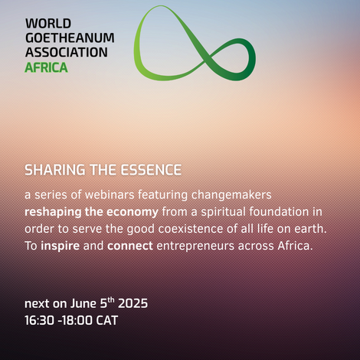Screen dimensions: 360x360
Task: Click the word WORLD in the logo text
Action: click(48, 24)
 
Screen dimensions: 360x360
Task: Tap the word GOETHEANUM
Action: click(70, 38)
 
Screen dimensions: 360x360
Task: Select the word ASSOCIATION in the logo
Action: click(67, 52)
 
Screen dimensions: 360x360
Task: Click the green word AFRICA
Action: click(46, 67)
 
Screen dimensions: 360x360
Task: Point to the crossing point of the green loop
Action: click(206, 56)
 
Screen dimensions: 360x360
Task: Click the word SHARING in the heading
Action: click(55, 170)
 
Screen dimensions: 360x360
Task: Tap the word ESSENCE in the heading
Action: click(151, 170)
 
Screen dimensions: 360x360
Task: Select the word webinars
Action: click(110, 195)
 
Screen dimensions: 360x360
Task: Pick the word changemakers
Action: click(231, 195)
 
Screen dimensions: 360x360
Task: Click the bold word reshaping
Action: click(53, 212)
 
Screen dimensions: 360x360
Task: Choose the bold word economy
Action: click(133, 213)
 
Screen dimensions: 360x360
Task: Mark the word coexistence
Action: click(191, 229)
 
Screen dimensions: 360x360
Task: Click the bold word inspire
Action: click(61, 246)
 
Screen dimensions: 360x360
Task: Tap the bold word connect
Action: click(130, 246)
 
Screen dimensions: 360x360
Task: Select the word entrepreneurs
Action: click(195, 247)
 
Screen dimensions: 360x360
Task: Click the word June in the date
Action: click(83, 303)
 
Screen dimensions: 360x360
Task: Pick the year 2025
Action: click(133, 303)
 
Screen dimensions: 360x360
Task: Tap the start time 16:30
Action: click(39, 320)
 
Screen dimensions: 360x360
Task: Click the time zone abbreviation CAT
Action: click(107, 320)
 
